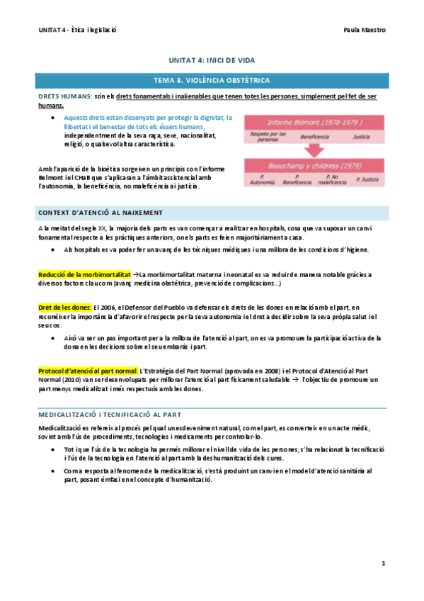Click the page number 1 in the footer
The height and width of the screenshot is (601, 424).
point(383,563)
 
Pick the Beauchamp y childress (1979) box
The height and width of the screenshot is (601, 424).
point(314,165)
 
